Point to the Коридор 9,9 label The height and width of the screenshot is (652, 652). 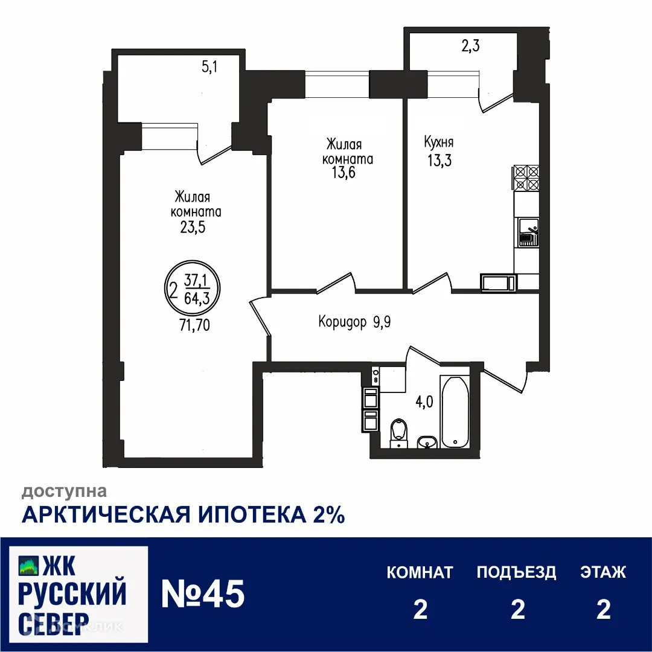pos(355,322)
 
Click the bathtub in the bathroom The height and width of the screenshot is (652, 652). pos(455,412)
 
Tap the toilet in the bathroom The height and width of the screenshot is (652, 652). pos(398,431)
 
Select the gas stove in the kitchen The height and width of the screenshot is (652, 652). pos(526,178)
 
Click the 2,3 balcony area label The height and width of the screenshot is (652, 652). pos(470,46)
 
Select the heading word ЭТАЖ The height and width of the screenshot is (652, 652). pos(603,572)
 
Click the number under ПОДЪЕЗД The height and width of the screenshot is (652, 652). pos(517,610)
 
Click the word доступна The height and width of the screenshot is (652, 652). pos(65,491)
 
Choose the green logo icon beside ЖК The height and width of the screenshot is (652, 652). pos(28,565)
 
